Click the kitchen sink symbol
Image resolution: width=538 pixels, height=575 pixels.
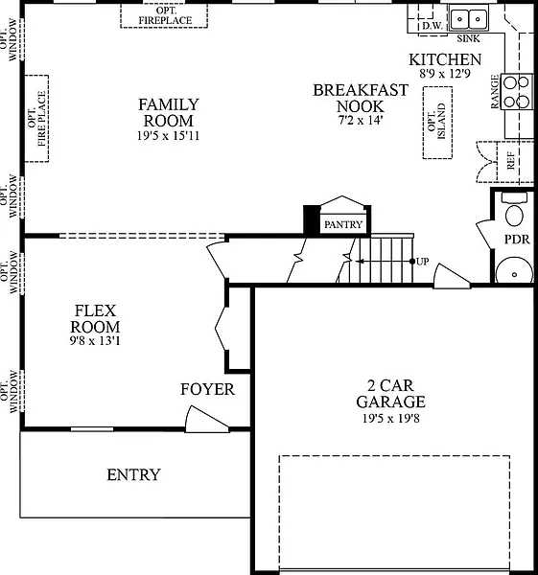[469, 18]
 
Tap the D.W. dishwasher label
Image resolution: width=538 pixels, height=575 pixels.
[433, 26]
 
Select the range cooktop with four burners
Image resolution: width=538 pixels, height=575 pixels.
[517, 91]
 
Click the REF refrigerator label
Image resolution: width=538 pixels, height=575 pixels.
[510, 161]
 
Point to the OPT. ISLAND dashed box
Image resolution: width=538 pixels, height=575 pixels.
[437, 123]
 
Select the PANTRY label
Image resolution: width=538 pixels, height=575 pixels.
[343, 224]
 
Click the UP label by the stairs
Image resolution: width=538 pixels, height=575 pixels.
[422, 262]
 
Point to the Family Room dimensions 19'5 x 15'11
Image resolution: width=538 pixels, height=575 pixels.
[168, 136]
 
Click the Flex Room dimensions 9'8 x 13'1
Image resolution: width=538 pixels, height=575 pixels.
[95, 340]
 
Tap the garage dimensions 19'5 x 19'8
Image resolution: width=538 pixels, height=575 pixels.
[391, 418]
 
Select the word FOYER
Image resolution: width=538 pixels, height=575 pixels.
[207, 389]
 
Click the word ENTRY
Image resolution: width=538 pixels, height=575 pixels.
[133, 475]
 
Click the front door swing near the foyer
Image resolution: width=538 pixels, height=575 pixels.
[206, 419]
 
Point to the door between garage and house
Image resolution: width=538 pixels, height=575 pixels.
[452, 276]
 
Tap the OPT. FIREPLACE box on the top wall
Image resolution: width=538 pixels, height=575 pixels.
[164, 15]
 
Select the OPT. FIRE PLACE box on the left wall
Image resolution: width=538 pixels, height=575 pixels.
[36, 119]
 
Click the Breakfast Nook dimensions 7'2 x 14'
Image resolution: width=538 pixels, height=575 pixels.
[361, 120]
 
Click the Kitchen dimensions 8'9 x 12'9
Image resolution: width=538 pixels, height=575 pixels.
[445, 74]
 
